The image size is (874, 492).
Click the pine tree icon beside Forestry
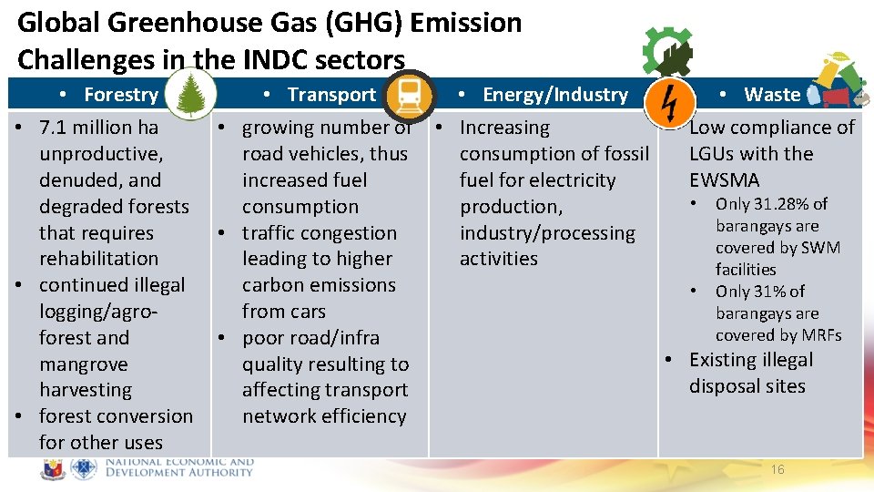point(191,95)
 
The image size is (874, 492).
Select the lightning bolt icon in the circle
point(667,101)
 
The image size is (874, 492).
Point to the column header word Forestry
point(121,95)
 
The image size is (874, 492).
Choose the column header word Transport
point(331,95)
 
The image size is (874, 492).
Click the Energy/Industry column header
point(554,95)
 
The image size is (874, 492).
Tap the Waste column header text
point(772,95)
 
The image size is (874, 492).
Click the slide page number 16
point(777,469)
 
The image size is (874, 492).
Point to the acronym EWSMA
point(724,180)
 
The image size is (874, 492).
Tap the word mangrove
point(84,364)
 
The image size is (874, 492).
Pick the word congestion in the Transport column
point(351,233)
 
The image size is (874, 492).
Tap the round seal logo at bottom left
point(54,468)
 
